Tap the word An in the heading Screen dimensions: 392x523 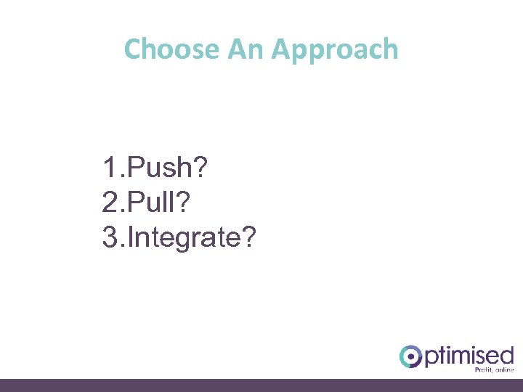246,49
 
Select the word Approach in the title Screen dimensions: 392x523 335,50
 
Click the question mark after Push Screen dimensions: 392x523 200,169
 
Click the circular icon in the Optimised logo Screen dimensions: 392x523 410,356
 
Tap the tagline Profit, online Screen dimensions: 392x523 493,370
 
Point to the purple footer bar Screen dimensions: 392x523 261,385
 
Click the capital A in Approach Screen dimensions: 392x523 280,49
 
